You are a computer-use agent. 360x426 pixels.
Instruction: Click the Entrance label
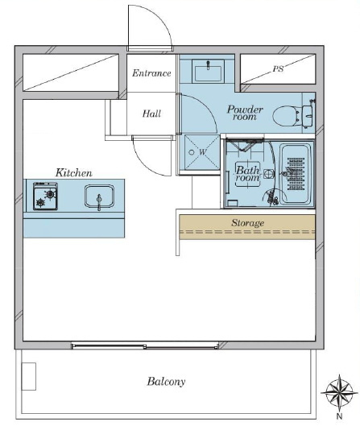151,73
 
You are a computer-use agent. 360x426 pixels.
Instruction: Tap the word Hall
151,114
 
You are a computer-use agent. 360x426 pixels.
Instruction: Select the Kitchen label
74,173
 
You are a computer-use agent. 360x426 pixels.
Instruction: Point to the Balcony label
166,382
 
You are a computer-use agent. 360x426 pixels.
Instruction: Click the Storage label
247,223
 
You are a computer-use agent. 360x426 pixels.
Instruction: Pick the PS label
278,69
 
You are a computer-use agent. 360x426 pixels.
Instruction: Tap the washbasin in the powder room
208,71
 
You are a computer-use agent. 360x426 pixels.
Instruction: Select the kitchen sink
99,196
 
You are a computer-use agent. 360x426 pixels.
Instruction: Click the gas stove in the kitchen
45,196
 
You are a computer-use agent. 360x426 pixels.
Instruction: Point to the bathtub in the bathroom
296,175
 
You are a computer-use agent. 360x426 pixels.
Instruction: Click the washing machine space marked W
202,152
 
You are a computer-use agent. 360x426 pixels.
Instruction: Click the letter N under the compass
339,416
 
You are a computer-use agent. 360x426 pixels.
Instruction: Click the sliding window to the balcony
145,345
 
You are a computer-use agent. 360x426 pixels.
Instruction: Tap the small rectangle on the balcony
29,376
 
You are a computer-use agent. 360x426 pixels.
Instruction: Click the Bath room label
247,174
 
